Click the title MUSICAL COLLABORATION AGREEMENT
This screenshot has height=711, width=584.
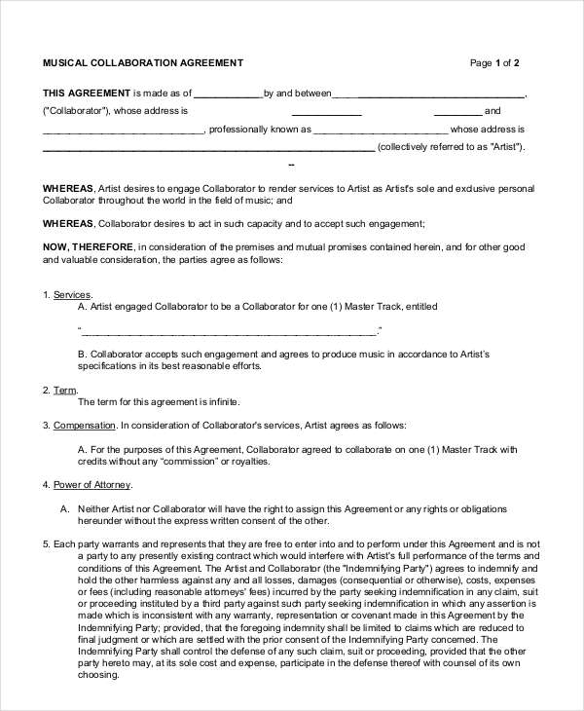(142, 63)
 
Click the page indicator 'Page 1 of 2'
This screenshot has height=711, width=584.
(494, 63)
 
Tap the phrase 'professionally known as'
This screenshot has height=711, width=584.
(260, 130)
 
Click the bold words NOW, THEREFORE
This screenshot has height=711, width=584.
(90, 247)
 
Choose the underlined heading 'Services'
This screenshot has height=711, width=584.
(72, 294)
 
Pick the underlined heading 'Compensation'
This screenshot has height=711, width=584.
(85, 425)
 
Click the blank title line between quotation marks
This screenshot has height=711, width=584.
(229, 331)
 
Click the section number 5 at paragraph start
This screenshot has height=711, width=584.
(46, 543)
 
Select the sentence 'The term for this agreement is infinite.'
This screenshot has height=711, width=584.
(158, 401)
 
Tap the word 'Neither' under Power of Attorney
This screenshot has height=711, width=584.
(94, 507)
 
